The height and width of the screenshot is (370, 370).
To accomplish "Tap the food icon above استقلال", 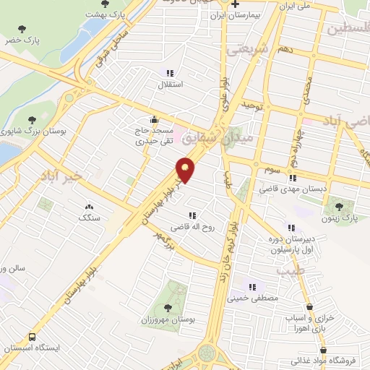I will tap(171, 73).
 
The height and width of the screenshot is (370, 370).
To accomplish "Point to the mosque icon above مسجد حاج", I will tap(153, 120).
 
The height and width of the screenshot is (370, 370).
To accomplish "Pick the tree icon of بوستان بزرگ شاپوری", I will tap(31, 120).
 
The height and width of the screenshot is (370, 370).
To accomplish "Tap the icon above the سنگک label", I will tap(90, 206).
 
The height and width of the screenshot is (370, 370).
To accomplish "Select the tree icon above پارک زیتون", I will tap(350, 206).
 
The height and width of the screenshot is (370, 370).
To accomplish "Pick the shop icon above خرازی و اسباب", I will tap(309, 307).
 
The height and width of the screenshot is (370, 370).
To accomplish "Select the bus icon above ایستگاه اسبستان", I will tap(32, 337).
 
